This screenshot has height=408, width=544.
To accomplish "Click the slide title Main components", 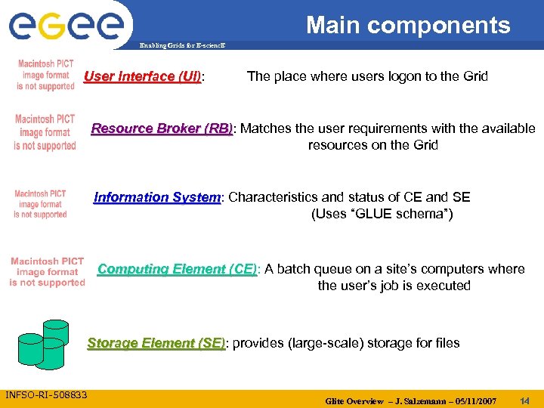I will point(408,25).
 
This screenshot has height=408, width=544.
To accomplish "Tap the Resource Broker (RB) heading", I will point(162,128).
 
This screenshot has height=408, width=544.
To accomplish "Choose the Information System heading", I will point(156,198).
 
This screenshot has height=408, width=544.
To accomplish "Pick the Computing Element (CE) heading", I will point(177,269).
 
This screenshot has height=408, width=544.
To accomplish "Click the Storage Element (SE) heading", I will point(156,343).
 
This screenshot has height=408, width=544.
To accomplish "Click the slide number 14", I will point(524,400).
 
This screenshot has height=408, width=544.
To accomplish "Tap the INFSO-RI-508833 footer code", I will point(46,395).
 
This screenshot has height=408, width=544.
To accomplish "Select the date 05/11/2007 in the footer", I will point(471,400).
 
